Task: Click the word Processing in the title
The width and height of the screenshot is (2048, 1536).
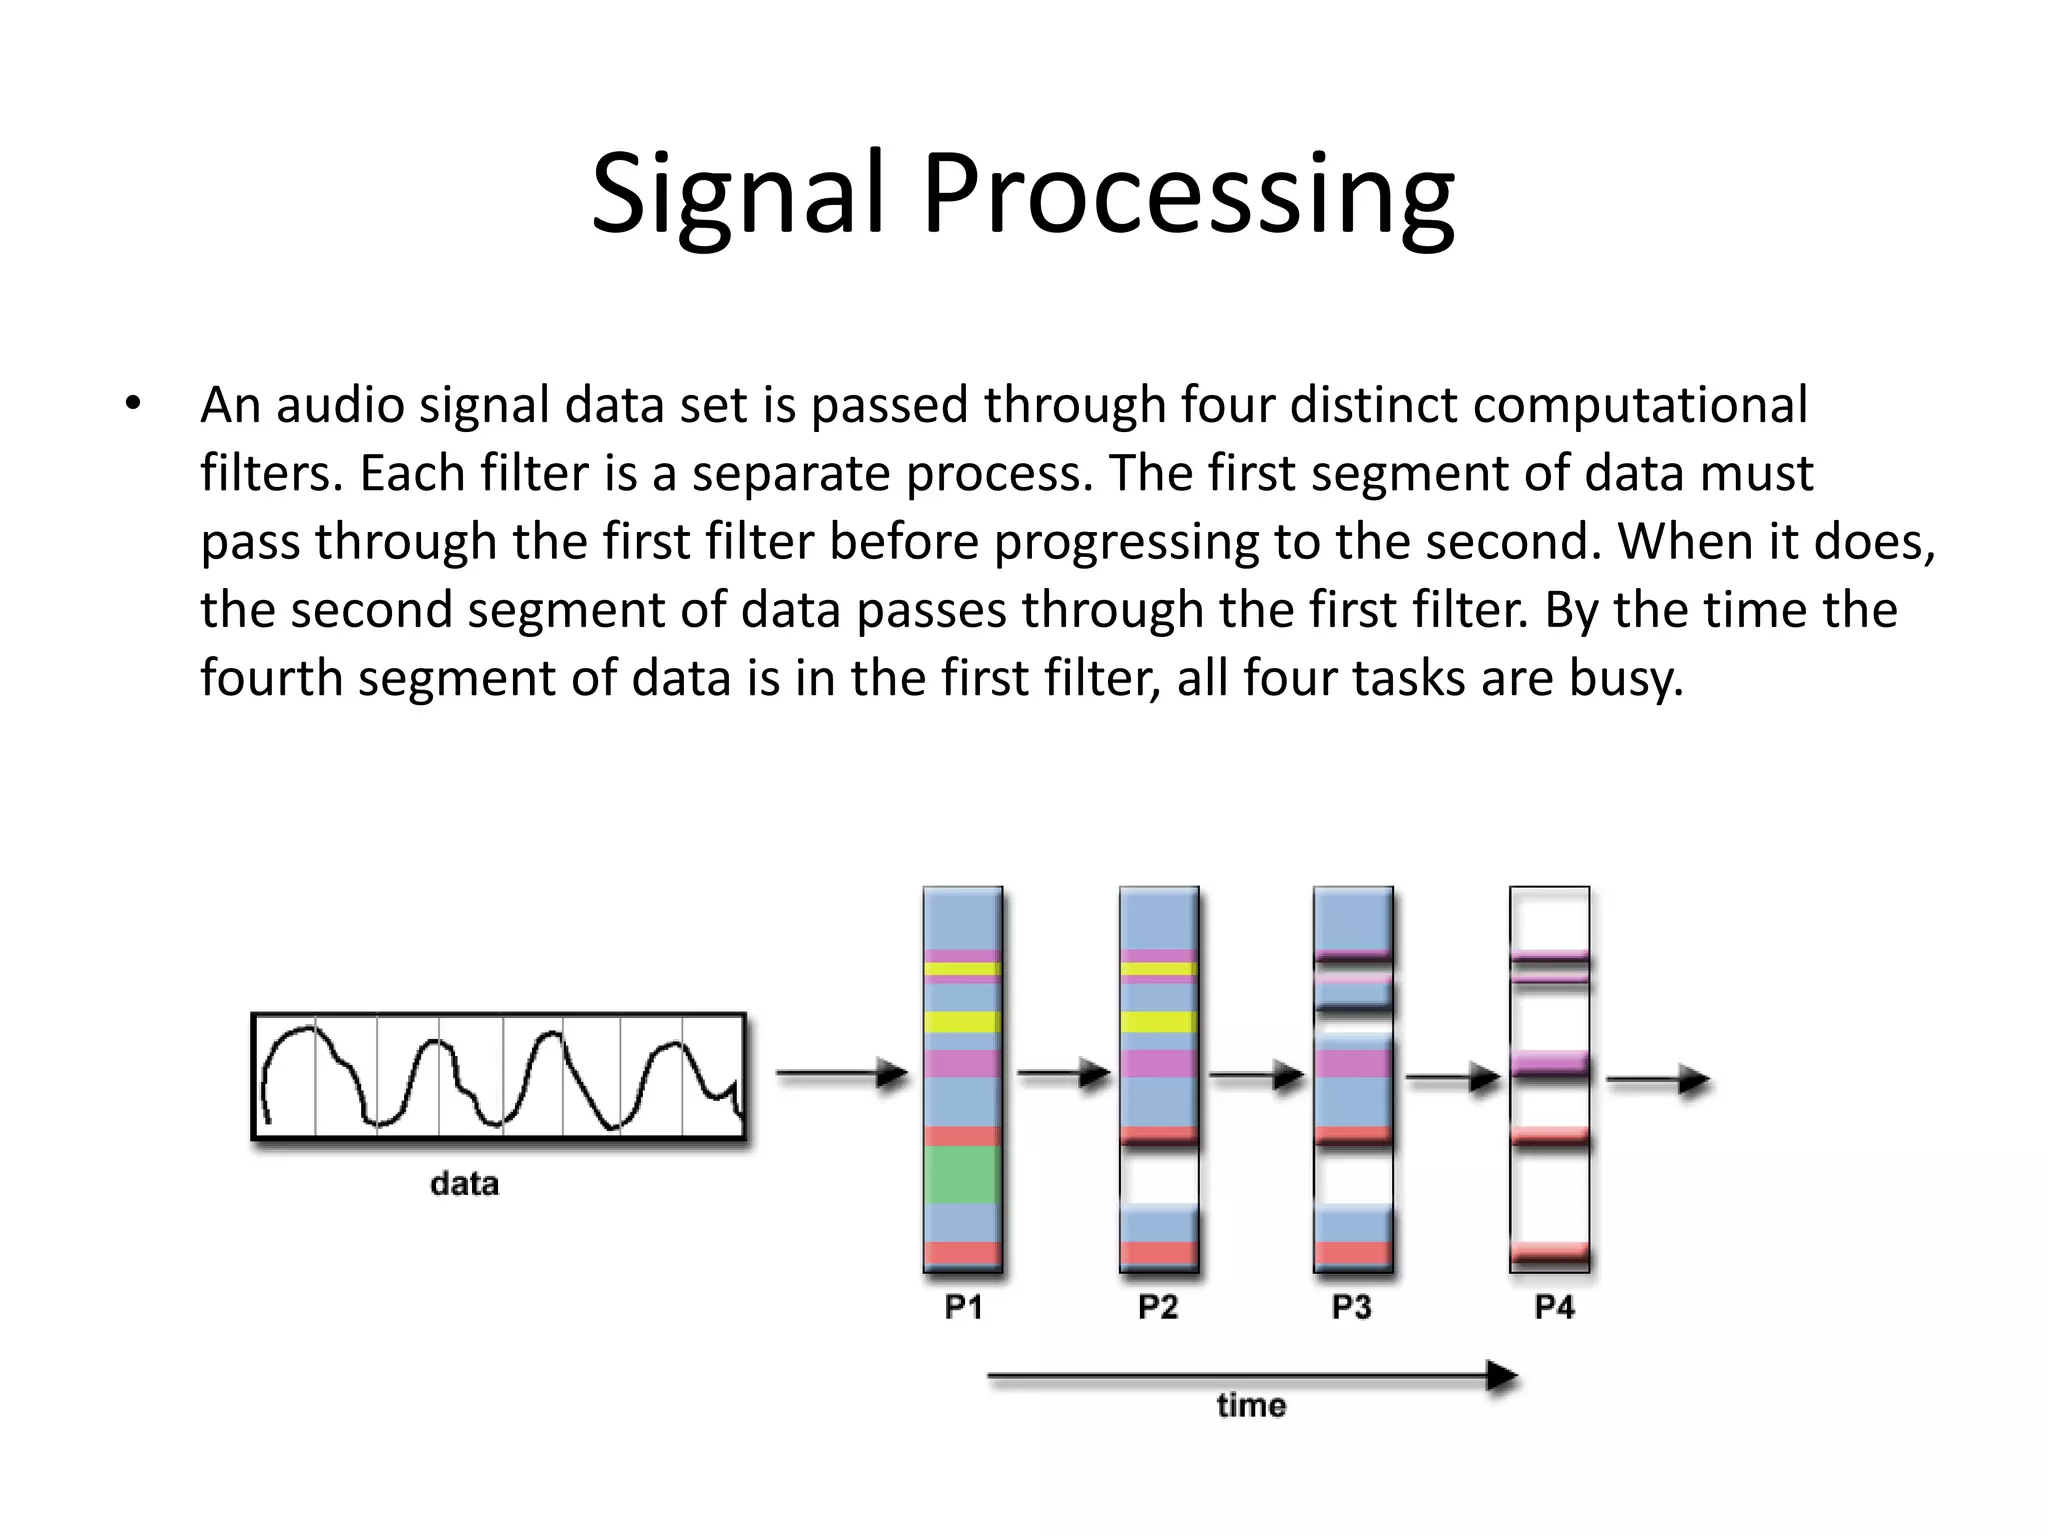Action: pos(1187,195)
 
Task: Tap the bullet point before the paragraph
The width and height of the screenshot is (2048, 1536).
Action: pos(133,405)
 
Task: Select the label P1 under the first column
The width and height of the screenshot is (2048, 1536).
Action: pos(963,1307)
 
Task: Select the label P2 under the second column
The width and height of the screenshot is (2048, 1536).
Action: pos(1158,1307)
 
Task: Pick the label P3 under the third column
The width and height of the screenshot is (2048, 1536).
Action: pos(1352,1307)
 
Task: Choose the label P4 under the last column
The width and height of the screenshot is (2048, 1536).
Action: pos(1554,1307)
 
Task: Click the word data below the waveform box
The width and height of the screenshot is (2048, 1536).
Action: pos(464,1184)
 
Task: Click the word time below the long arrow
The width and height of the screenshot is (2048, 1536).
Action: pos(1251,1406)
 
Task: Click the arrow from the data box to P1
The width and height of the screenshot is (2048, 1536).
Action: pos(842,1074)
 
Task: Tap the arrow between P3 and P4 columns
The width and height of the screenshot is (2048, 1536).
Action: pos(1453,1078)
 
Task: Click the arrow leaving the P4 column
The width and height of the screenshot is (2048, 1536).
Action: pos(1658,1080)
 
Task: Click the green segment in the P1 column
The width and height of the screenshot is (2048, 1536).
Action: pos(962,1175)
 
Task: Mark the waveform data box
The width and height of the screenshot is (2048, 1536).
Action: pos(498,1076)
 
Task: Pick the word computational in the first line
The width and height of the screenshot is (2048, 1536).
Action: pos(1640,406)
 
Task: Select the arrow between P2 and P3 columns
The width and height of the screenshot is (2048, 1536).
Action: pos(1257,1076)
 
